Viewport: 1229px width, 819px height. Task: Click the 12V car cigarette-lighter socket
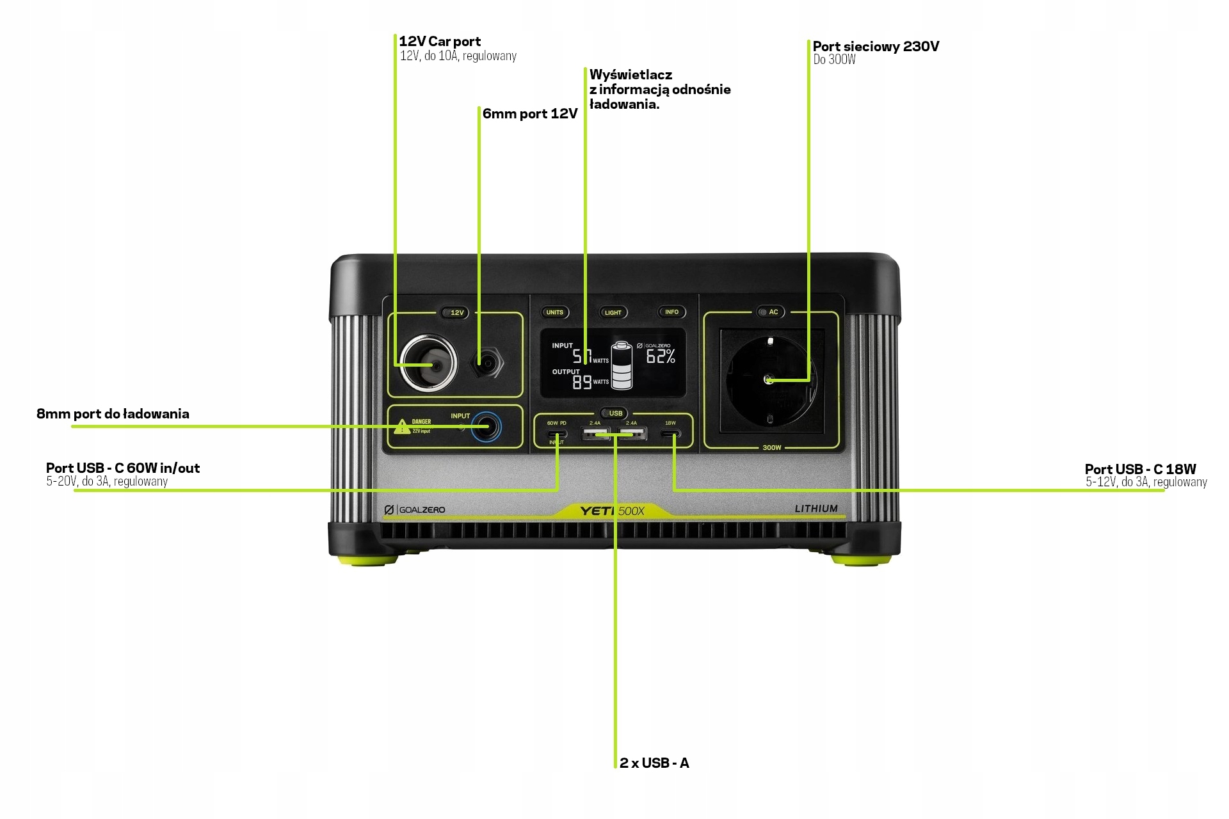[428, 363]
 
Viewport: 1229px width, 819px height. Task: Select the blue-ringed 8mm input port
[486, 427]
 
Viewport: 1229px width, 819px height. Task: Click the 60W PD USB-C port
[556, 434]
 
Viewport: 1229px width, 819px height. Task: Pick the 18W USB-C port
[671, 434]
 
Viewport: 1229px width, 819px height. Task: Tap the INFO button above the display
[671, 312]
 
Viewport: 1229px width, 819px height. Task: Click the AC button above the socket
[773, 312]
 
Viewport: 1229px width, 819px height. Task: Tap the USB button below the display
[615, 413]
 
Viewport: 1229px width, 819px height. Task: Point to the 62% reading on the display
[661, 357]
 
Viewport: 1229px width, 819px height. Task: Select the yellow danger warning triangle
[401, 425]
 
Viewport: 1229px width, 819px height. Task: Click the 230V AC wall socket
[770, 380]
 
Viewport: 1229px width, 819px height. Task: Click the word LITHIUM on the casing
[816, 509]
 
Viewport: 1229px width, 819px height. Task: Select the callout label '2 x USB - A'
[654, 763]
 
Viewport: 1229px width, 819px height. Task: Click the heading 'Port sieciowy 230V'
[876, 46]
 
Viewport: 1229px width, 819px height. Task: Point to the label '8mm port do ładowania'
[113, 414]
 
